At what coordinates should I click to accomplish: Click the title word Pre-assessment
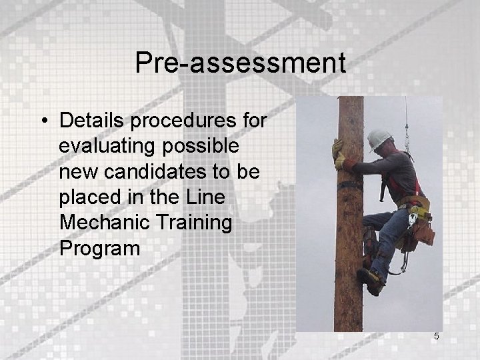[240, 63]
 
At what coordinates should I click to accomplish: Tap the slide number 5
[437, 337]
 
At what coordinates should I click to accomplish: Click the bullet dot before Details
[43, 121]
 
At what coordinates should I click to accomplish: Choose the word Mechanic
[101, 223]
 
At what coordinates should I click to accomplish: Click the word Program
[100, 248]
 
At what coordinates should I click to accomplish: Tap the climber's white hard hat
[379, 138]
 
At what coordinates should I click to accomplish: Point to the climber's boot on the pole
[371, 280]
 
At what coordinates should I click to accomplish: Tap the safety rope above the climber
[406, 120]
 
